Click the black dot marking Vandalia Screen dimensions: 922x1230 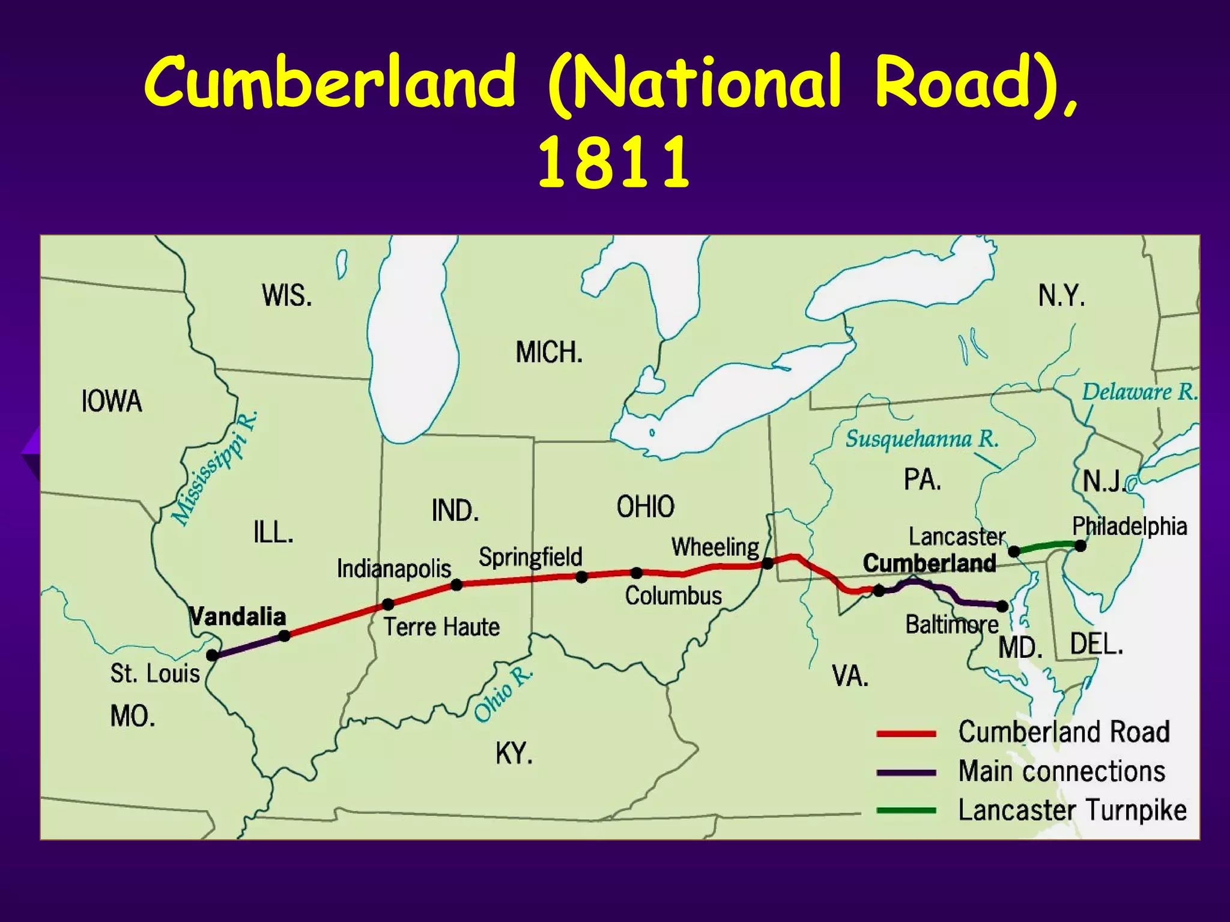285,636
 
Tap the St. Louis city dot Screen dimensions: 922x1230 212,655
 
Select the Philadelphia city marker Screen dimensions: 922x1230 1080,546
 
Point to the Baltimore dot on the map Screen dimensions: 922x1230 1002,606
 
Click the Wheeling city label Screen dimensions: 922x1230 715,547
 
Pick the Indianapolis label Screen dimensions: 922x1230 393,568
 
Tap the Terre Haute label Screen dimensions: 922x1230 441,627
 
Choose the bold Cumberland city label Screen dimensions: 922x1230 929,563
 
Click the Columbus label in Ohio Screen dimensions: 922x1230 673,595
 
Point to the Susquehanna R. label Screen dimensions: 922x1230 922,439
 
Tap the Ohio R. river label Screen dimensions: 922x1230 503,694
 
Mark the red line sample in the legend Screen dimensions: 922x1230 906,734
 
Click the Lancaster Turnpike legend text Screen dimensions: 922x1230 1072,810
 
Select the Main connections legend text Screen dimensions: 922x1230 1061,771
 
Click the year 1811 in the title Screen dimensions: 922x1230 613,163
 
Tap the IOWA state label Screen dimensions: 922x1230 112,401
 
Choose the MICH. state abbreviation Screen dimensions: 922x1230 549,352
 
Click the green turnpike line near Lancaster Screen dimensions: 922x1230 1047,547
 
